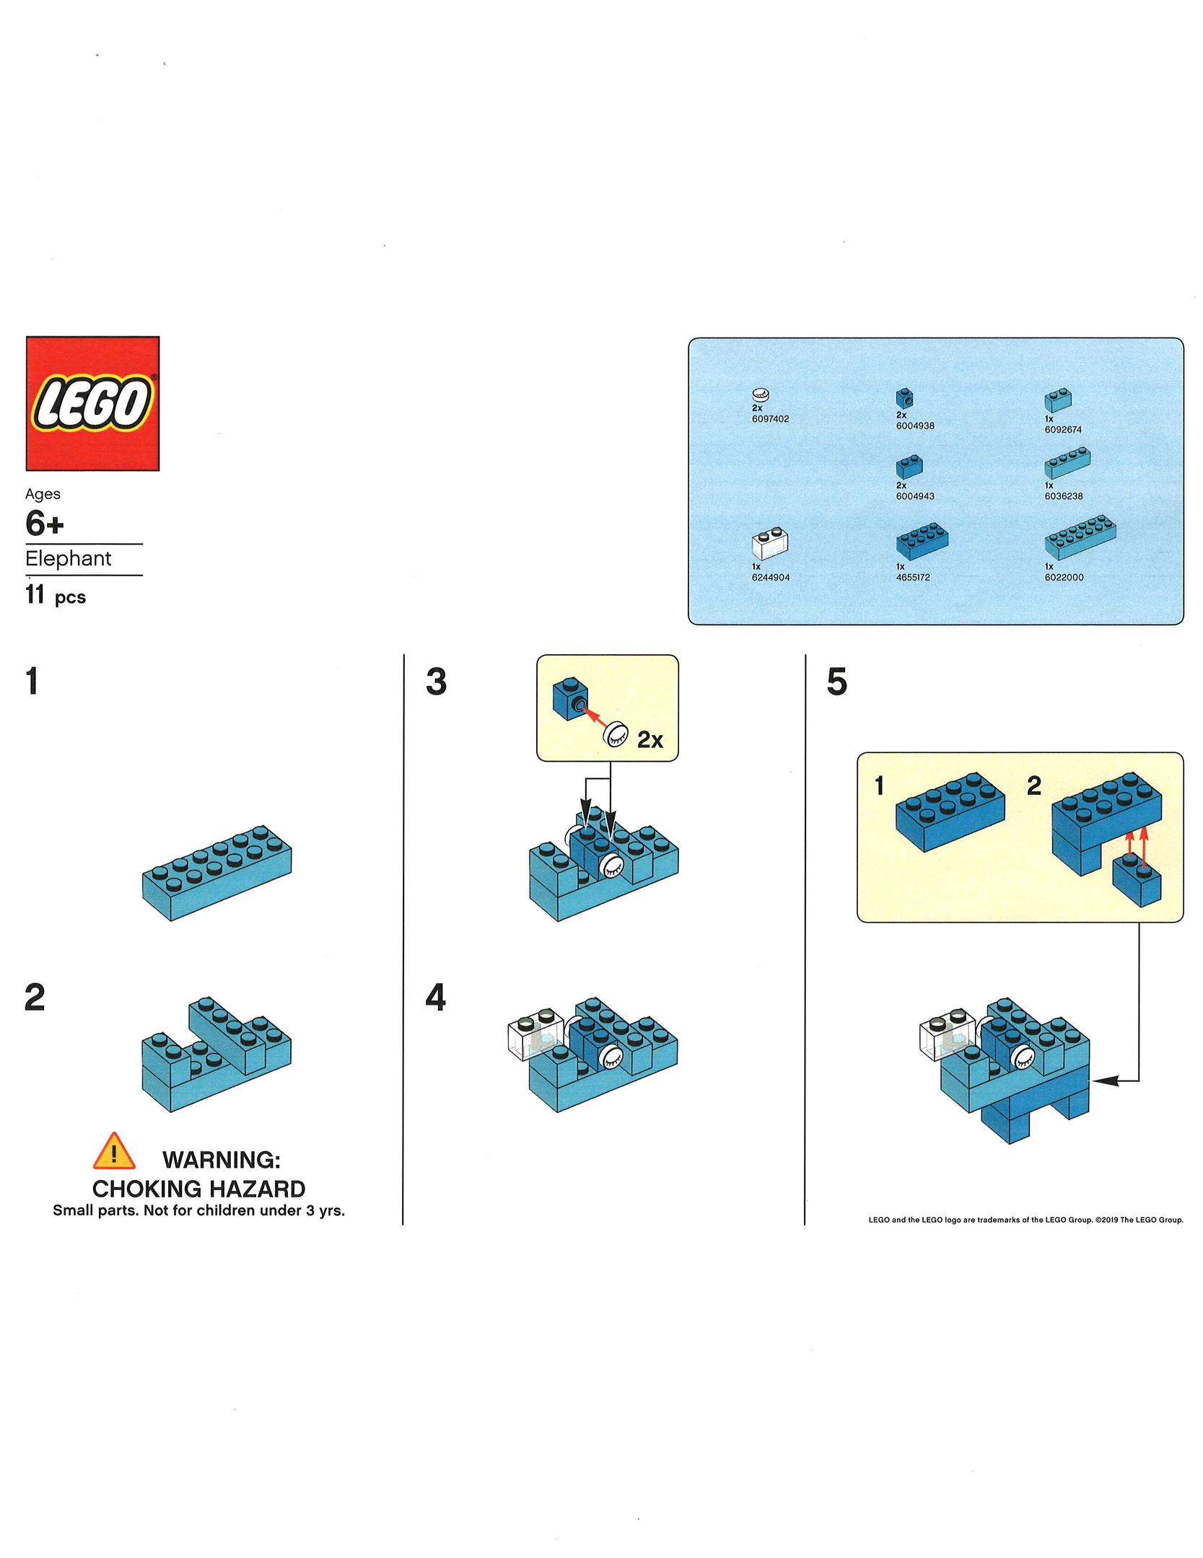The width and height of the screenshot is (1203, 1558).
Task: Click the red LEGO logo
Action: (92, 403)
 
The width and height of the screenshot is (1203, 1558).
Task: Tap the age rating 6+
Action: (44, 524)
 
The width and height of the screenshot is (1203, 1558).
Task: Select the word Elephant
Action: (69, 559)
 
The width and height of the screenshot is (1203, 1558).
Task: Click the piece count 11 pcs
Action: (56, 596)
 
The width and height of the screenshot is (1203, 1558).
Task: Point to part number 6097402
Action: (770, 418)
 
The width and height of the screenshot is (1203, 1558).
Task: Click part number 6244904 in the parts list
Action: (770, 577)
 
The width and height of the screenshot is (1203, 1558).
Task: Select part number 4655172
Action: (913, 577)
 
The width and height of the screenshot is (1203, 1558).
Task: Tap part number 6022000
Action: (1064, 577)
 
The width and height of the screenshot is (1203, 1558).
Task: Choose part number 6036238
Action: (1064, 496)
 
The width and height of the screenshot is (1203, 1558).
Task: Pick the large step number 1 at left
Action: (32, 682)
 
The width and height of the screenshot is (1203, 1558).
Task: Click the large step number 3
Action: (436, 682)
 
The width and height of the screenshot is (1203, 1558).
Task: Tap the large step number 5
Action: (836, 682)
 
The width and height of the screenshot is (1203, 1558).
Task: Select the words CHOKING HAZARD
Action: (198, 1189)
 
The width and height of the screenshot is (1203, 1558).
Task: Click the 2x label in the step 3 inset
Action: (649, 740)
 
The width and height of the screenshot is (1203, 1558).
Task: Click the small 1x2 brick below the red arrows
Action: (1137, 882)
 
